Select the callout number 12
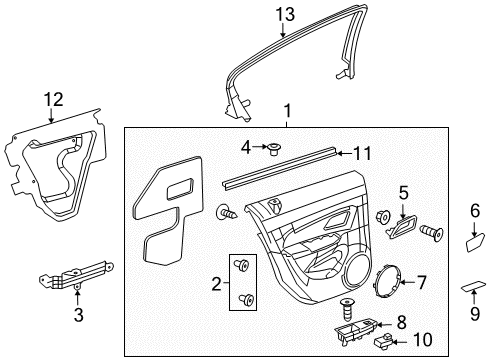(51, 98)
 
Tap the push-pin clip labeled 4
(272, 150)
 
